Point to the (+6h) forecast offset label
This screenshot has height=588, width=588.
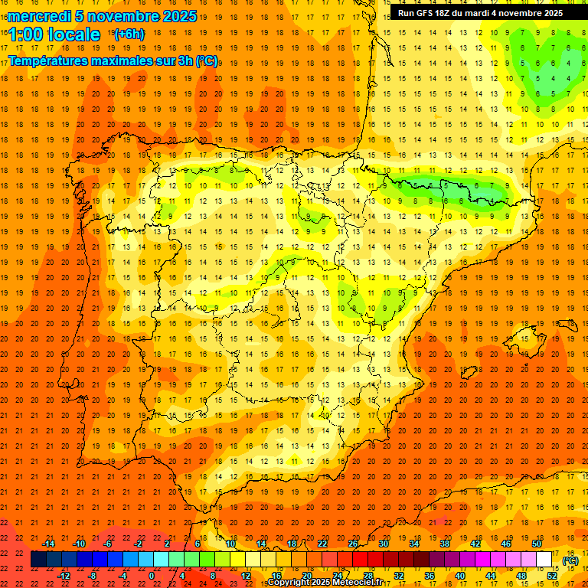tap(128, 34)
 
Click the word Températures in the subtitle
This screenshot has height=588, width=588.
tap(47, 60)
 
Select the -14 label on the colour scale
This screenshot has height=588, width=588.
tap(48, 544)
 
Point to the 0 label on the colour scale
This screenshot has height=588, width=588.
tap(152, 576)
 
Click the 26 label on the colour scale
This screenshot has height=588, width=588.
tap(353, 544)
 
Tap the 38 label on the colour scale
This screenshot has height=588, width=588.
tap(444, 544)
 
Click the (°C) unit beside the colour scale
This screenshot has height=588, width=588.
tap(570, 560)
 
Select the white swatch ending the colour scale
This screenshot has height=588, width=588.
tap(544, 560)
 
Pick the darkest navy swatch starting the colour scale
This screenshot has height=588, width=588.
tap(38, 560)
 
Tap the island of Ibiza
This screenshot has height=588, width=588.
tap(468, 374)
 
